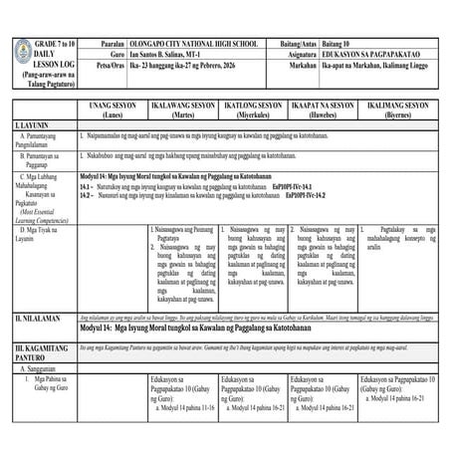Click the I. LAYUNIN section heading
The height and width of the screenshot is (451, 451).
click(32, 125)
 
